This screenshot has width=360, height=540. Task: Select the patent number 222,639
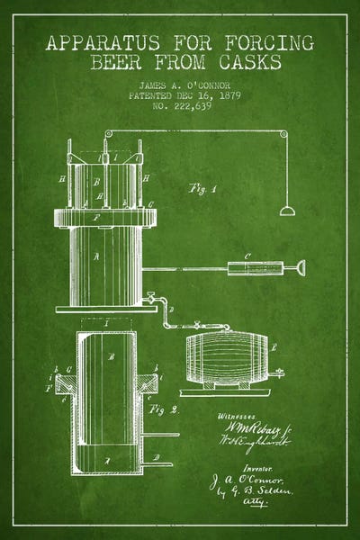tap(180, 104)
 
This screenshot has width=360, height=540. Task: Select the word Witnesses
tap(237, 416)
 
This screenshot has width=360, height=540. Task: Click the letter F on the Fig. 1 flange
tap(84, 216)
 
